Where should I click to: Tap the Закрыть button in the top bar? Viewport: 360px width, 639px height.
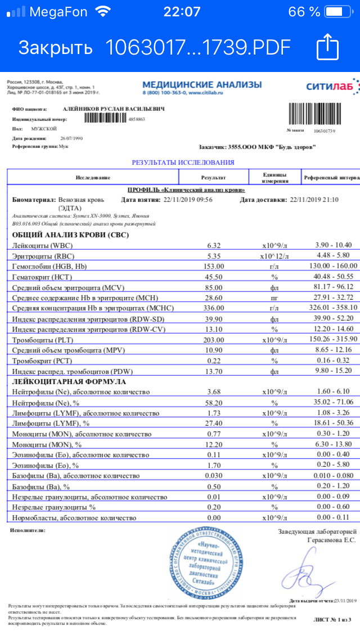(x=55, y=47)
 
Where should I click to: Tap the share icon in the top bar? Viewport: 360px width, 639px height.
(x=326, y=47)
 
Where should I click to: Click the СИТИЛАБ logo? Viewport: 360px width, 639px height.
(x=330, y=86)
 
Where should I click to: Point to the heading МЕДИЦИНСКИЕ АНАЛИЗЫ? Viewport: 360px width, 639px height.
(x=202, y=84)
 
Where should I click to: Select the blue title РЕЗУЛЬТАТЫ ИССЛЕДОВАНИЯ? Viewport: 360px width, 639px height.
(x=183, y=163)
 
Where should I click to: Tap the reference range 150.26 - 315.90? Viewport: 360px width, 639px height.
(x=334, y=339)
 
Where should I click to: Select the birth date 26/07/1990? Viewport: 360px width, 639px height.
(x=71, y=138)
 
